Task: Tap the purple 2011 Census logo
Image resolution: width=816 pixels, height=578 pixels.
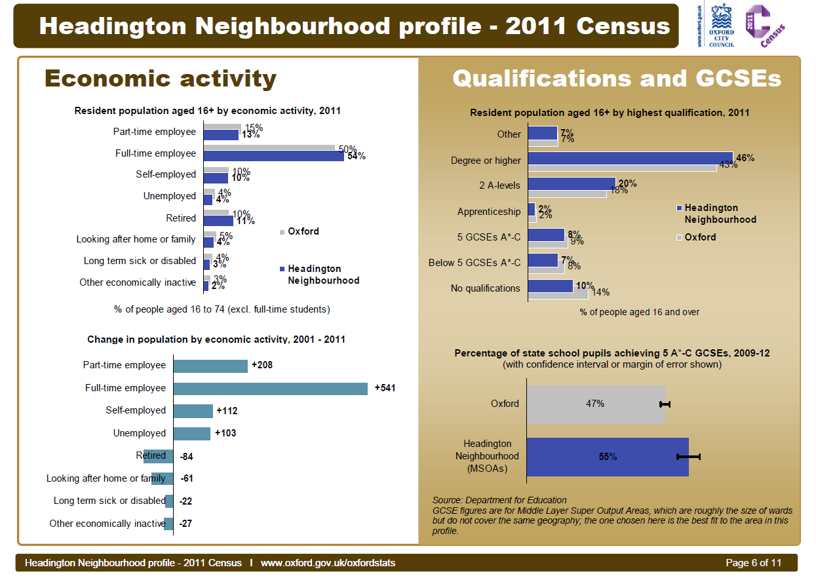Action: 764,26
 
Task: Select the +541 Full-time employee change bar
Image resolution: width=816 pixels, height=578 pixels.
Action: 270,389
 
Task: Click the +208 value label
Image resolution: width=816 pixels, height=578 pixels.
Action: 262,365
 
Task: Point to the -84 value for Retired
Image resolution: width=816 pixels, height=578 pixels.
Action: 186,456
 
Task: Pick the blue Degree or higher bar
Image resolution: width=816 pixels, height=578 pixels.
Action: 630,158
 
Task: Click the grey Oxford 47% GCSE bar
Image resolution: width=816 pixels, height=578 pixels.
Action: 595,404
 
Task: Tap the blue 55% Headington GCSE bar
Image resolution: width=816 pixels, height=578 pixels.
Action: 608,457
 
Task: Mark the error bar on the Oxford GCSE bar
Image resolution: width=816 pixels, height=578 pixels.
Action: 665,404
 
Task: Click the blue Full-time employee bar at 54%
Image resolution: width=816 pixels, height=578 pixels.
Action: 273,156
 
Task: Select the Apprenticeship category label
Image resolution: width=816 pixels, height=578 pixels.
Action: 489,212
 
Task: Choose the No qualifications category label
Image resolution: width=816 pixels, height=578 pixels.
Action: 485,288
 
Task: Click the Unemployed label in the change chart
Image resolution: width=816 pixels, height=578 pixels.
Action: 140,433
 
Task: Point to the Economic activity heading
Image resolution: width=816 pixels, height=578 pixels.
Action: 161,79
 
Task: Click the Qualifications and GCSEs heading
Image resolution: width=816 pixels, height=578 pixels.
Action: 617,79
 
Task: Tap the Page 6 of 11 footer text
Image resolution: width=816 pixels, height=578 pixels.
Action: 754,563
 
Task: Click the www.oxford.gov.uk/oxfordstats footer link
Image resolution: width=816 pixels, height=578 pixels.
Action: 328,563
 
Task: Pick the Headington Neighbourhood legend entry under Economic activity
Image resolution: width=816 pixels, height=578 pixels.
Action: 319,275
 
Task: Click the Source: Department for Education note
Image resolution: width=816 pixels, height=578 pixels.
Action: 499,500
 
